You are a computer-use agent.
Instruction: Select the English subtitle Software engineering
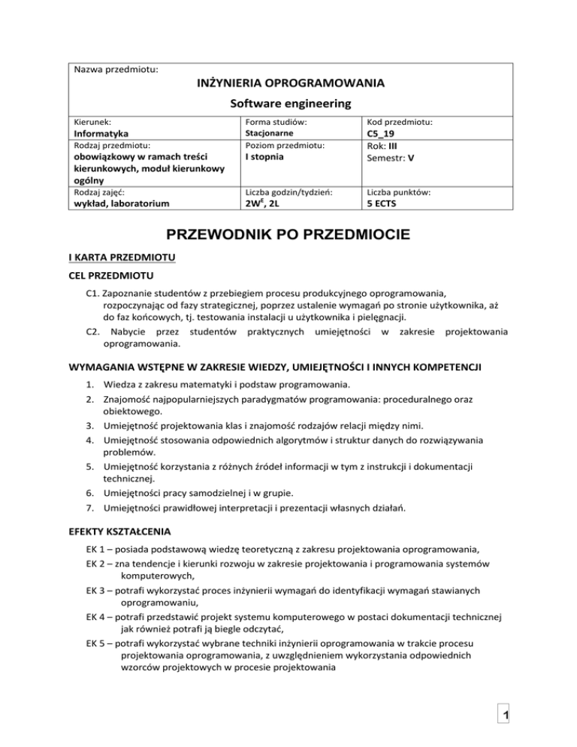point(289,102)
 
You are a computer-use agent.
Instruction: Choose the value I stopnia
point(258,157)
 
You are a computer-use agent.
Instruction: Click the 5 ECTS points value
point(385,203)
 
